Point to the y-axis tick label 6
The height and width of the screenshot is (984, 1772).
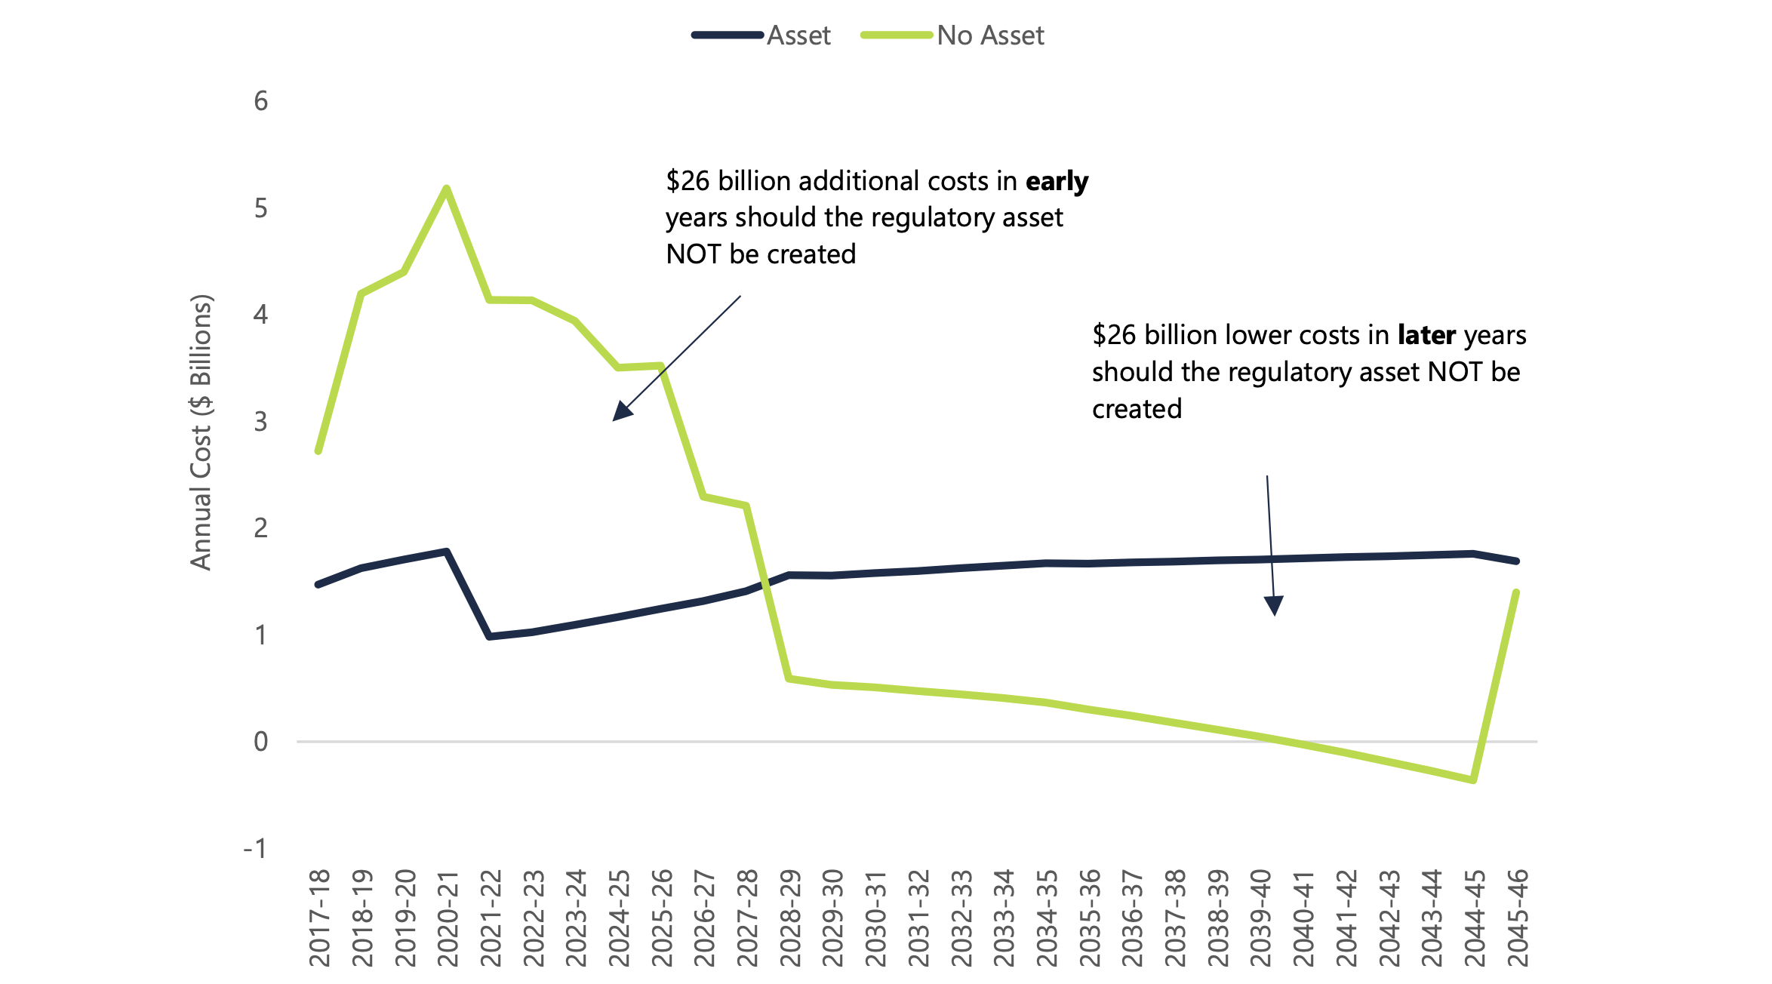[x=261, y=101]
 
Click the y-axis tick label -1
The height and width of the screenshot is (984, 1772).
[x=255, y=849]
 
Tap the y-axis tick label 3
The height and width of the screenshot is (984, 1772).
[x=261, y=422]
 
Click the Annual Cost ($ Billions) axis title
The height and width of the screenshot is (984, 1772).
[x=202, y=432]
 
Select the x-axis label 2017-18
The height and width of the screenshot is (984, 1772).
[x=320, y=918]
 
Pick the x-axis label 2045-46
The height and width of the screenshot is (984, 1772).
[x=1518, y=918]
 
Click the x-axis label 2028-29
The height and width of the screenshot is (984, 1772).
[x=790, y=918]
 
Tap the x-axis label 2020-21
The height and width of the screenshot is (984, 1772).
[x=448, y=918]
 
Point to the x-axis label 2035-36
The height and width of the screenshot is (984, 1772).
[x=1090, y=918]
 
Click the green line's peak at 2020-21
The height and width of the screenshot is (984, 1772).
[x=447, y=188]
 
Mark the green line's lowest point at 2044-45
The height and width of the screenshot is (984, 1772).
[x=1473, y=780]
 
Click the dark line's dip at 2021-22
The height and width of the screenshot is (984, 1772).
[x=490, y=637]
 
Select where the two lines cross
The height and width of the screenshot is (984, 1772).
[x=766, y=583]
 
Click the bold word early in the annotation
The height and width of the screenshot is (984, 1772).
[x=1057, y=181]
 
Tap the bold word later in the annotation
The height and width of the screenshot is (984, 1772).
[x=1426, y=335]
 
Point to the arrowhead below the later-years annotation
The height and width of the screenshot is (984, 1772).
[x=1274, y=606]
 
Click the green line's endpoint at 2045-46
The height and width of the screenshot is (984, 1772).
[x=1516, y=592]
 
